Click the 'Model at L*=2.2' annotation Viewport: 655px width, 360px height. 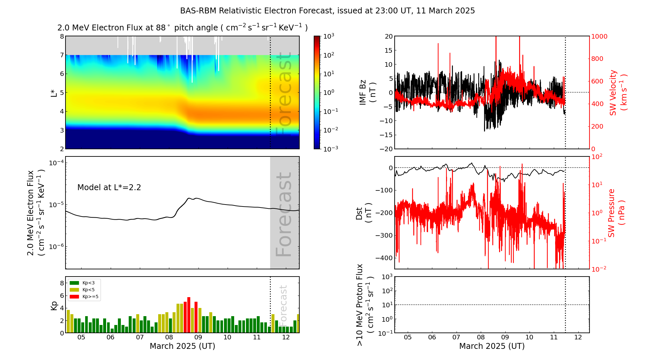pos(109,188)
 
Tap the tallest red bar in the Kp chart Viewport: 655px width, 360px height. pos(189,314)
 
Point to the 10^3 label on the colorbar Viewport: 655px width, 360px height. pos(328,36)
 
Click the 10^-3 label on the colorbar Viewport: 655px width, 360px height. pos(330,149)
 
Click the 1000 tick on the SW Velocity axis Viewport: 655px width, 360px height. pos(599,36)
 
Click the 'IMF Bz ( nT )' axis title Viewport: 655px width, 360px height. pos(367,92)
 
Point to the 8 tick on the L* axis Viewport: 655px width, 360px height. pos(62,36)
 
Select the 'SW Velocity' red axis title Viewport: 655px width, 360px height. pos(618,92)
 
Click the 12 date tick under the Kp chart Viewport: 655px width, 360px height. pos(286,337)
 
